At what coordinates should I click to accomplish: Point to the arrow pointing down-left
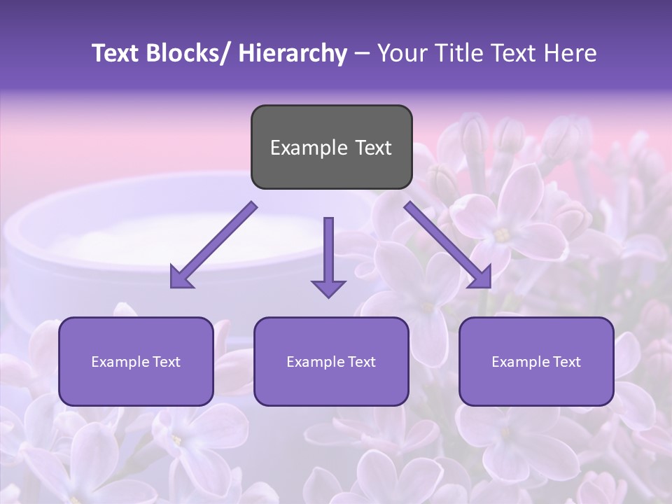(x=213, y=245)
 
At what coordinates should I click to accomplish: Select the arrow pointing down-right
(x=448, y=245)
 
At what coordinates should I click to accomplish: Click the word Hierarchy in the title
(x=293, y=53)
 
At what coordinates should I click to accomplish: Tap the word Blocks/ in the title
(x=184, y=53)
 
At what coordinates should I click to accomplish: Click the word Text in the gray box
(x=372, y=148)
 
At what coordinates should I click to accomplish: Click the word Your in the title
(x=400, y=53)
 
